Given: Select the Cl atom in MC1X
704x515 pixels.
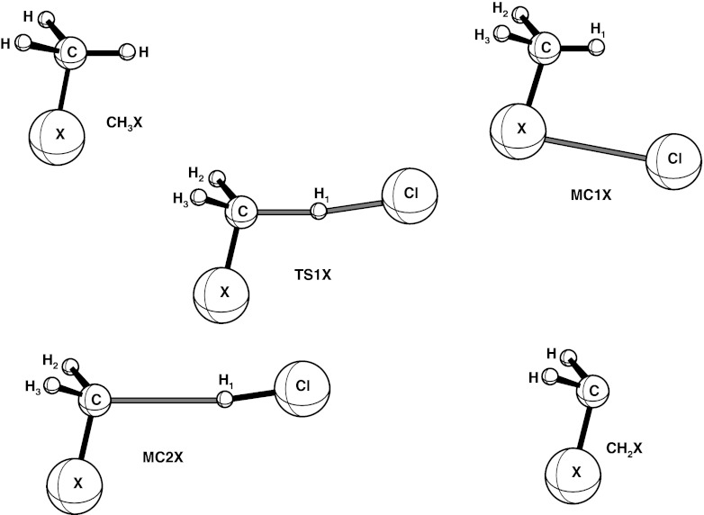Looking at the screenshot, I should click(x=672, y=158).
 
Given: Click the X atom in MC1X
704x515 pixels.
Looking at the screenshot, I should click(x=518, y=130).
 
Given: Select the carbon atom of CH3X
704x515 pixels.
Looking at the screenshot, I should click(x=71, y=52).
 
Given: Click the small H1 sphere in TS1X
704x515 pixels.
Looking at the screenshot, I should click(x=319, y=212).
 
